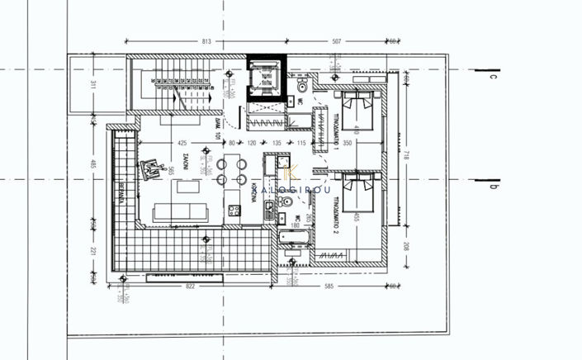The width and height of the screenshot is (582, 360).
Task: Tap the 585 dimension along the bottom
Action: click(328, 286)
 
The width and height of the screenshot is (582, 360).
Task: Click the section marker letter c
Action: click(490, 77)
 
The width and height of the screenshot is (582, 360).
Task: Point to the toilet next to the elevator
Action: click(302, 85)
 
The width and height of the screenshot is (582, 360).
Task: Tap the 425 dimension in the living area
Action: click(182, 141)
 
